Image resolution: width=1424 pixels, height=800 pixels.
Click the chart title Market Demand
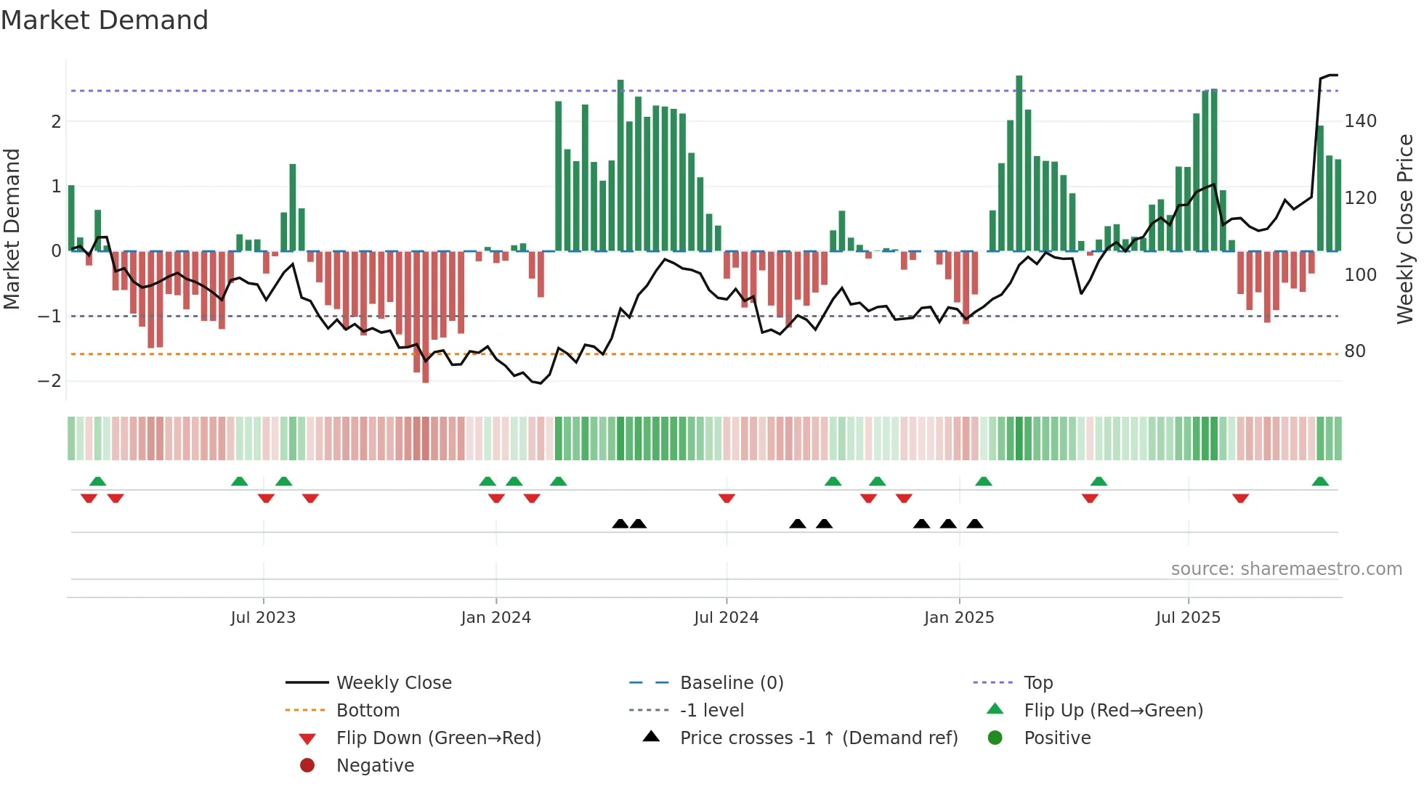point(105,20)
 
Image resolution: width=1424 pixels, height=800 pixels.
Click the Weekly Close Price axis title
point(1405,229)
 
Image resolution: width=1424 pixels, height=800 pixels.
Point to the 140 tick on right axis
point(1360,121)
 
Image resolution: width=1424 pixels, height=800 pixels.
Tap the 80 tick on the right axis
point(1355,351)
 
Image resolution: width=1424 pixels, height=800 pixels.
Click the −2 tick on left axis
point(49,381)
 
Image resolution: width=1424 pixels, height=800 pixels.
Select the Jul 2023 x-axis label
point(263,618)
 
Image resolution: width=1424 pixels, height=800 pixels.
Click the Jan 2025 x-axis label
point(959,618)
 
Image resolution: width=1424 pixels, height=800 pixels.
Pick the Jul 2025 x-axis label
point(1188,618)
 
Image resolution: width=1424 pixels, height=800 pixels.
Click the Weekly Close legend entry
point(393,683)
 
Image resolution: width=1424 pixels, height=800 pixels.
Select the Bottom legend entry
point(368,711)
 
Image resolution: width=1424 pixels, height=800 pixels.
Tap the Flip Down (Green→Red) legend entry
point(438,738)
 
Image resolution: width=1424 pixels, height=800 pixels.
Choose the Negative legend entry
point(375,766)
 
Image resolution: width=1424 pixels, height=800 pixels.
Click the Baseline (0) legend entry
point(731,683)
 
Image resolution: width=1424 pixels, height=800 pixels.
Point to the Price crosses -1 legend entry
point(818,738)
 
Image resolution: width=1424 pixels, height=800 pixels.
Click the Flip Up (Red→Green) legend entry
point(1113,711)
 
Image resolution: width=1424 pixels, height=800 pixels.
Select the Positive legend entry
point(1057,738)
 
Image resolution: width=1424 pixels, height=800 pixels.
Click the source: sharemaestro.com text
point(1286,569)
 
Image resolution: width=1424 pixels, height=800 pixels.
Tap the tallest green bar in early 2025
point(1019,163)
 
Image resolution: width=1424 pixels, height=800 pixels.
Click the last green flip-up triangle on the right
point(1320,481)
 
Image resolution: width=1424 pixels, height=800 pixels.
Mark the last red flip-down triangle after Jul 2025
point(1240,498)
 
